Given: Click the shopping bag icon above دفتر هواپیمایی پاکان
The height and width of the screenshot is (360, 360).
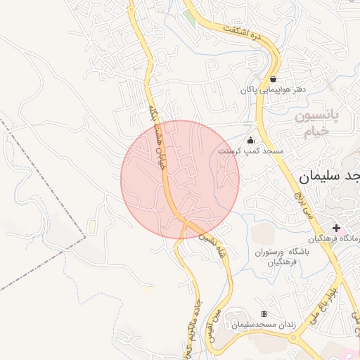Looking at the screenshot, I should point(273,79).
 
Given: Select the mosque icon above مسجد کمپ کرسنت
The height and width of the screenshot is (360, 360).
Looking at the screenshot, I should point(250,140).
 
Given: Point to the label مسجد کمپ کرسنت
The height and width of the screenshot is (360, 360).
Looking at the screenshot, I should point(250,151).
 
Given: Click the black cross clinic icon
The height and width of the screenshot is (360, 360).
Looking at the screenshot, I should point(337,228).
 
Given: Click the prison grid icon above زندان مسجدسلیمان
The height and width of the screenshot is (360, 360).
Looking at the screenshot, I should point(264,314).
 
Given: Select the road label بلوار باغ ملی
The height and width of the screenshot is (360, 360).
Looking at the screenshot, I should point(326,298).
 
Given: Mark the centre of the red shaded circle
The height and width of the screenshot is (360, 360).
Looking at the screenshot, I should point(180,180).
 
